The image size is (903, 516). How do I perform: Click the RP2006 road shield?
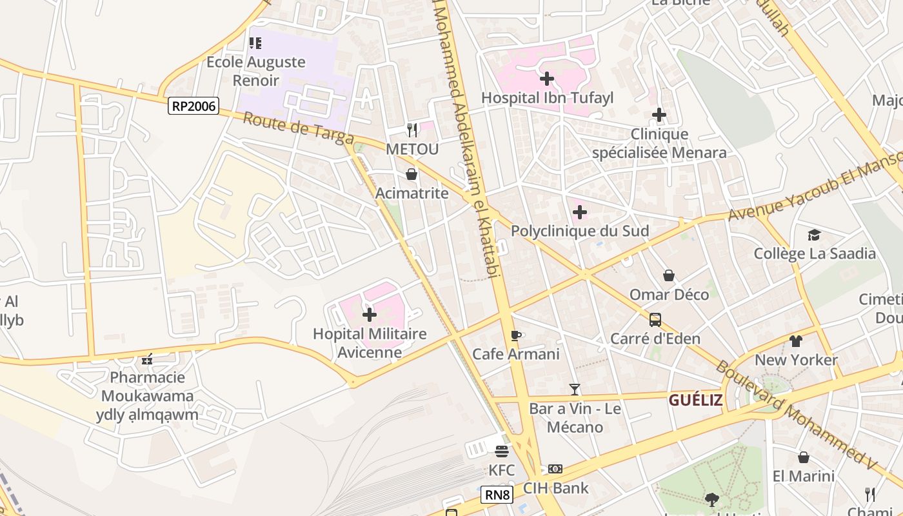coord(193,106)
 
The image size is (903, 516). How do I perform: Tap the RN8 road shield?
coord(497,495)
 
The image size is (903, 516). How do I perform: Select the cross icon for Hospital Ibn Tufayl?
coord(547,79)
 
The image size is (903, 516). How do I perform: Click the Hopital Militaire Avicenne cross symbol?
coord(370,315)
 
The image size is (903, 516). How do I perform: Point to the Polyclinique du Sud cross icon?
coord(580,212)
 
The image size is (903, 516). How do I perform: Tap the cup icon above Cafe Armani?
coord(515,335)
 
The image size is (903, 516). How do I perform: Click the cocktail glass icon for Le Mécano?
coord(575,390)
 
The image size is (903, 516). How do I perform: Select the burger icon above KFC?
coord(502,451)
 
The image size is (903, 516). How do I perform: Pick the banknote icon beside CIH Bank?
coord(555,469)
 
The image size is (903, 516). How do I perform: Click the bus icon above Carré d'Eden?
coord(655,319)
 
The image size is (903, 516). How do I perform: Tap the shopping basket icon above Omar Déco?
coord(669,275)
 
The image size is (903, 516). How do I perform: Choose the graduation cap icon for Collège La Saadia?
coord(815,235)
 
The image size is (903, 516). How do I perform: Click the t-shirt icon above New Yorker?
coord(796,341)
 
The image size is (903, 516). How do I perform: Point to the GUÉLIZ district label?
coord(695,401)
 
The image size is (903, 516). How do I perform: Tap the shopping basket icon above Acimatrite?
coord(412,174)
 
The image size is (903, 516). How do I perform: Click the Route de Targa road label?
coord(299,129)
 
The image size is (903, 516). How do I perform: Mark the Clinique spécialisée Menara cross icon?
coord(659,115)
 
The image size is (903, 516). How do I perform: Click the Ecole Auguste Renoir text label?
coord(255,71)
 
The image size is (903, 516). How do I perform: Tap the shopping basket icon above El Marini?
coord(804,457)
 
